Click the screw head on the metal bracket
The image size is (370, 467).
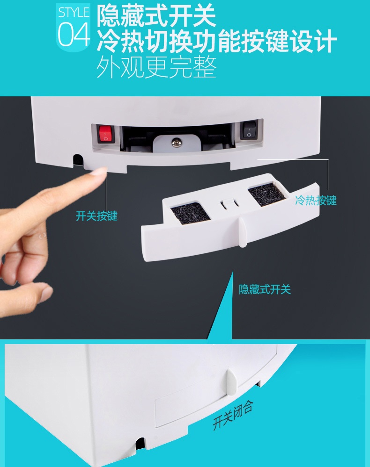click(176, 143)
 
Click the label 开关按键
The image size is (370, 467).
click(96, 216)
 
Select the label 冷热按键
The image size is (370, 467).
click(316, 200)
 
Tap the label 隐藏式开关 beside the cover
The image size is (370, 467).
click(265, 289)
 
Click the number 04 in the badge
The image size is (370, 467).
click(74, 35)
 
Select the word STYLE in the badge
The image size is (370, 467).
click(74, 13)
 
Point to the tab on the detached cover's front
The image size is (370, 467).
click(243, 232)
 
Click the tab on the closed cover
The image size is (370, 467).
click(232, 382)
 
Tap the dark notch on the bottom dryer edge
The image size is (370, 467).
click(140, 444)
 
